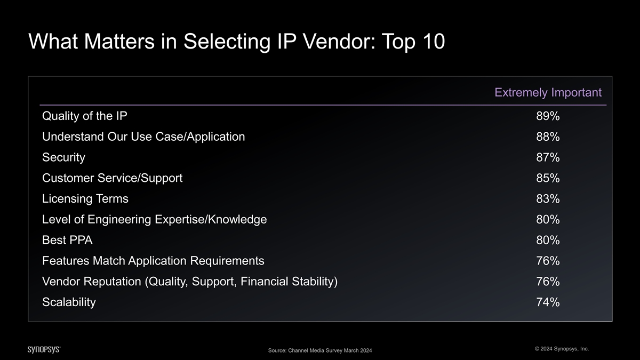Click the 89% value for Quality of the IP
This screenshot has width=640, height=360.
548,116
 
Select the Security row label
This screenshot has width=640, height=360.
63,158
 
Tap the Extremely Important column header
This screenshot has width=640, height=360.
548,93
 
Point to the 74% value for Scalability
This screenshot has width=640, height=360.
548,302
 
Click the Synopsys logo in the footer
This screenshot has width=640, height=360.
44,349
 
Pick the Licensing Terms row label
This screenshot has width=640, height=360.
85,198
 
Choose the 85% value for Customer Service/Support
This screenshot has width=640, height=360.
548,178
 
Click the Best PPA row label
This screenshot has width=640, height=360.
67,240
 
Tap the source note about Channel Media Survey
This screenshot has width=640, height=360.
320,350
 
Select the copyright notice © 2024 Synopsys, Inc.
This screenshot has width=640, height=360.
562,349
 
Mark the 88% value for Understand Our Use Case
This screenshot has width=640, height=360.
548,137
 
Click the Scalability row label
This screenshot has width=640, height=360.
69,302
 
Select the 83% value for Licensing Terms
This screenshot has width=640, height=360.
548,198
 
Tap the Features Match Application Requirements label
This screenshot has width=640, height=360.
153,261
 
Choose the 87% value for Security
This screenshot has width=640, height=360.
548,157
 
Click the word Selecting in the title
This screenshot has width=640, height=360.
227,42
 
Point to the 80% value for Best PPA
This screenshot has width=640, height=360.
548,240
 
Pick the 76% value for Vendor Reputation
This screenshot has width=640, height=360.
548,282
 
